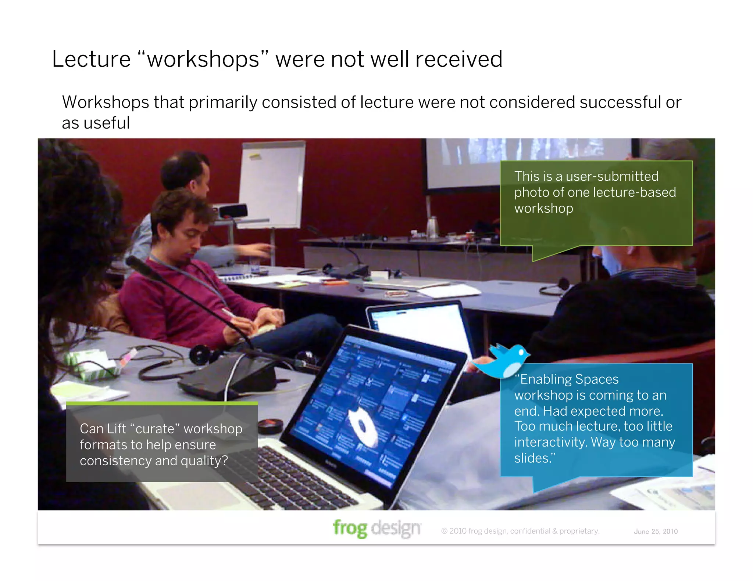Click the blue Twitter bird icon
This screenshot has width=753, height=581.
[502, 361]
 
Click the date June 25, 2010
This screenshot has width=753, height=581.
[656, 531]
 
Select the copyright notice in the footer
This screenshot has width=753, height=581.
[520, 531]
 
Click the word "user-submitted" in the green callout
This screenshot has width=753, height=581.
[612, 176]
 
